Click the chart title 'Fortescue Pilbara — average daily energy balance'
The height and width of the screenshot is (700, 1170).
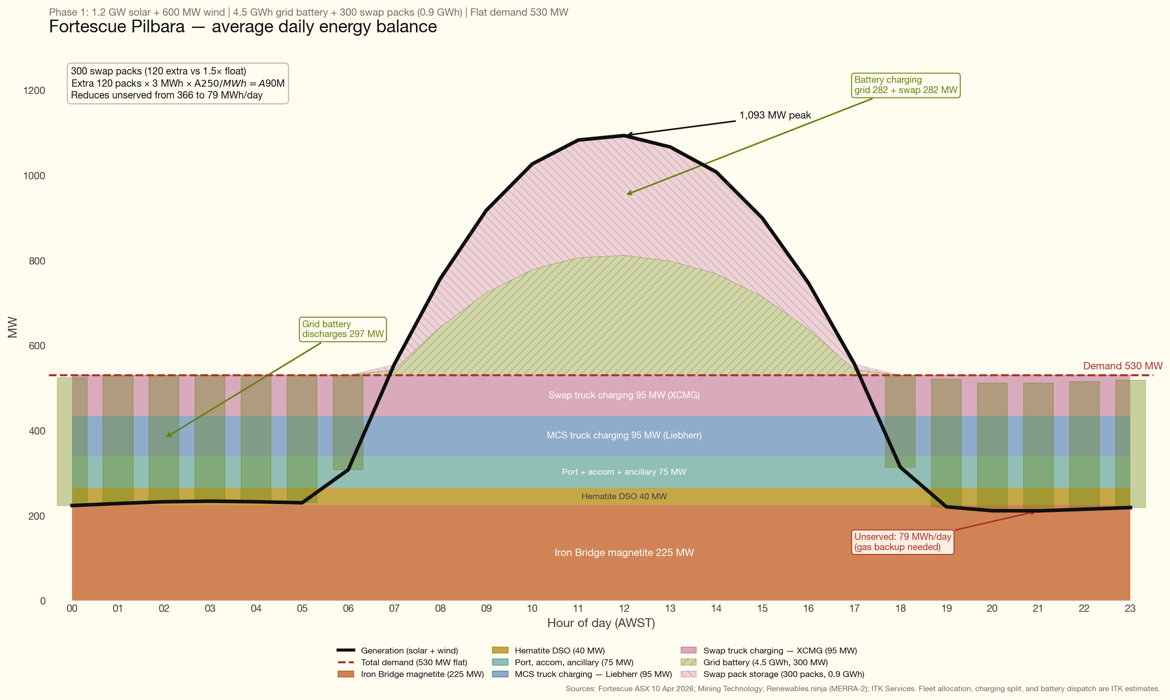(243, 27)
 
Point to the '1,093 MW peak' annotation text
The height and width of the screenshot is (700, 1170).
(775, 116)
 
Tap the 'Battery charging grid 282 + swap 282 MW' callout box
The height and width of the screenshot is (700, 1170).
(905, 85)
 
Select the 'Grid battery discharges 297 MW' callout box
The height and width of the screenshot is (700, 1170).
(342, 329)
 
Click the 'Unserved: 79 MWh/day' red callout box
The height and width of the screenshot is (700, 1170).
(903, 542)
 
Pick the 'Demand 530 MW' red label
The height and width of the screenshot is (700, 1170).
(1122, 366)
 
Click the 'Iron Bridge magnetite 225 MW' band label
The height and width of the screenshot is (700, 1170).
(624, 553)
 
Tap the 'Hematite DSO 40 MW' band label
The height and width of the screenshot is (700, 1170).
(624, 496)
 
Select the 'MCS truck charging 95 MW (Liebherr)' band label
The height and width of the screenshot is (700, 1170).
(624, 435)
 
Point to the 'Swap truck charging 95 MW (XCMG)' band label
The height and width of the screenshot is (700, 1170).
(624, 395)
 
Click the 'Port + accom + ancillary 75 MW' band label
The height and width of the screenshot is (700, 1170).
(624, 472)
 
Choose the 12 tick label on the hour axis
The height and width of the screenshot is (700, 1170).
(624, 609)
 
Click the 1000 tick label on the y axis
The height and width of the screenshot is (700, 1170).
(34, 176)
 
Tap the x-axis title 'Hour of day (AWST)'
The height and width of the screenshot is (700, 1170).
(601, 623)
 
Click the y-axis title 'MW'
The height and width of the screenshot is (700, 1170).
(13, 327)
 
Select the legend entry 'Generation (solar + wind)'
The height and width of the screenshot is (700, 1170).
(409, 651)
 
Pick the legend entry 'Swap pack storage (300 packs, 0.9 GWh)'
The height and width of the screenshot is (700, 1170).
(783, 674)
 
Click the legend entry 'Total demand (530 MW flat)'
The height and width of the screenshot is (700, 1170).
(414, 662)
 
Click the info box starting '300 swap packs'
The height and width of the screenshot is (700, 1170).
(177, 83)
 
